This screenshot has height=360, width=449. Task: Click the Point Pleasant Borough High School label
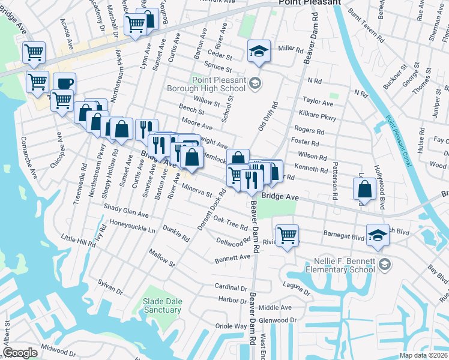219,85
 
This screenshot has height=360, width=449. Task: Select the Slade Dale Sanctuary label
162,305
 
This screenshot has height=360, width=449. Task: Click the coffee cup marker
64,83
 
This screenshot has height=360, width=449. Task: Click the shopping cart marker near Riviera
288,235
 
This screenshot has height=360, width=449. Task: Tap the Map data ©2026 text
423,355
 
